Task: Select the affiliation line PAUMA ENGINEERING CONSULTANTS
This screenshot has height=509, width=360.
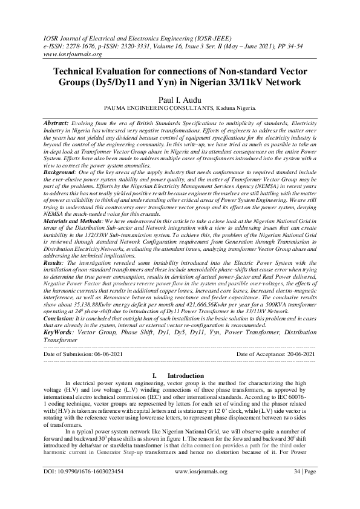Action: [x=180, y=109]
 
